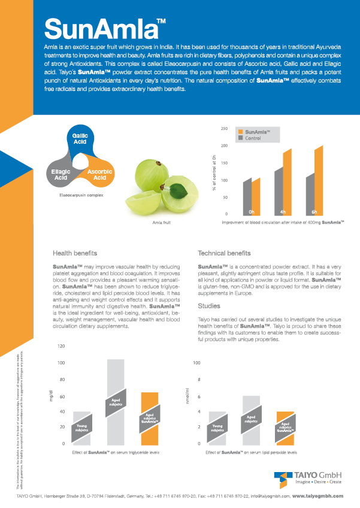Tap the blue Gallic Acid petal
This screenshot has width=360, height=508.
click(x=80, y=138)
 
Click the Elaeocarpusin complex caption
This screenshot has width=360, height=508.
click(x=81, y=195)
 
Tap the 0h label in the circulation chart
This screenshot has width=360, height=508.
click(x=252, y=212)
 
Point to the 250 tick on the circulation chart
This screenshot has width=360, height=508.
click(x=224, y=129)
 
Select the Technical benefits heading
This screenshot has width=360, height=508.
click(x=224, y=253)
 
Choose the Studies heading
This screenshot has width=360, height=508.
click(x=209, y=306)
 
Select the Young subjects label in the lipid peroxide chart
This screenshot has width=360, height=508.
click(x=217, y=428)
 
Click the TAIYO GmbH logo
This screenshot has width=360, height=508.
click(x=309, y=478)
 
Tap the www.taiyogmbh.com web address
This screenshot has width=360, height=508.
click(x=317, y=496)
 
